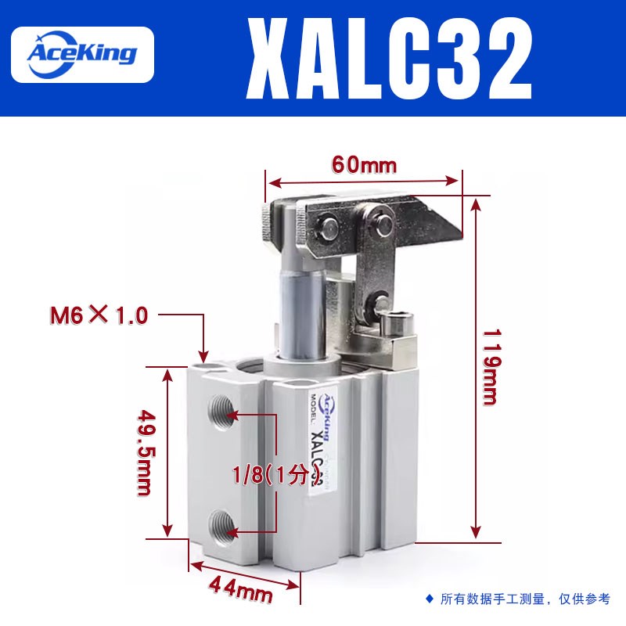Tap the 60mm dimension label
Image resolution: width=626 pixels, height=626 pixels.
click(x=365, y=165)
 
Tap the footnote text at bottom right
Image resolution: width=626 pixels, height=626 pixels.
click(x=525, y=599)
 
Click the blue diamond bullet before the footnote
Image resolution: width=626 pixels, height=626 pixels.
click(x=429, y=599)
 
